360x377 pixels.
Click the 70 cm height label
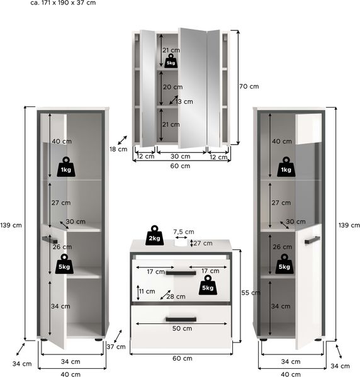249,86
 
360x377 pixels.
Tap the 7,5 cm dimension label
184,232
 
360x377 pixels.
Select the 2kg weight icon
154,235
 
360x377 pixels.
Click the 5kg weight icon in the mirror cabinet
171,61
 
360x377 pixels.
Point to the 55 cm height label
251,293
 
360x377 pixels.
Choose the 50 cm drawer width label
183,329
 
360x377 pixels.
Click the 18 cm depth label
118,149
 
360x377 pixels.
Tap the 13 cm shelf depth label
184,102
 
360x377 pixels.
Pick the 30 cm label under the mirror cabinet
181,157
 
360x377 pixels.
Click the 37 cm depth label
116,347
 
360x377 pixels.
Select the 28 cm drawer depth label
176,296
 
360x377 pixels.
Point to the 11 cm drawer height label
147,291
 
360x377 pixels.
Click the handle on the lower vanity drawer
181,319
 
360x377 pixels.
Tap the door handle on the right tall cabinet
312,240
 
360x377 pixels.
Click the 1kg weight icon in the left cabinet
66,167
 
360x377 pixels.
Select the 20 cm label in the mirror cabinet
173,87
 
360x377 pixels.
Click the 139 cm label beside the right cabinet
349,225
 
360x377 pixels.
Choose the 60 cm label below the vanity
183,359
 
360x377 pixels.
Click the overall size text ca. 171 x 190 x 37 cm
63,3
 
